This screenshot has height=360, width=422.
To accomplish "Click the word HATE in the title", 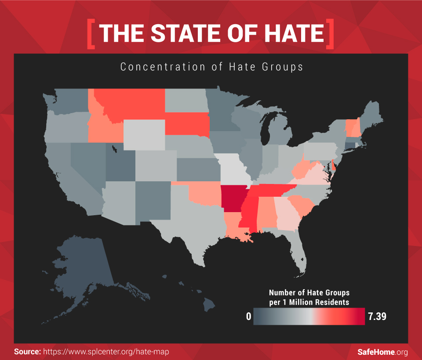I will [x=290, y=34].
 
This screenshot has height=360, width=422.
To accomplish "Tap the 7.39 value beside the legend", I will [x=377, y=316].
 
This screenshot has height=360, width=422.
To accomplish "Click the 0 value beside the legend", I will [x=248, y=316].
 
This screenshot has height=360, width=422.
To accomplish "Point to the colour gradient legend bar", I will [x=309, y=316].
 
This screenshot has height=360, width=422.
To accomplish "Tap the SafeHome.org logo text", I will [x=382, y=352].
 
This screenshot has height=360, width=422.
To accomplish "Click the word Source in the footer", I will [x=27, y=352].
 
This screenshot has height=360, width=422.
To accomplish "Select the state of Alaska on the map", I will [x=84, y=273].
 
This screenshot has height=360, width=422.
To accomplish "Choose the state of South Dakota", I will [x=187, y=123].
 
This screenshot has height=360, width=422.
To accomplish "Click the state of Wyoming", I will [x=144, y=134].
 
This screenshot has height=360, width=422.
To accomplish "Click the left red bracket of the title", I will [x=91, y=34].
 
